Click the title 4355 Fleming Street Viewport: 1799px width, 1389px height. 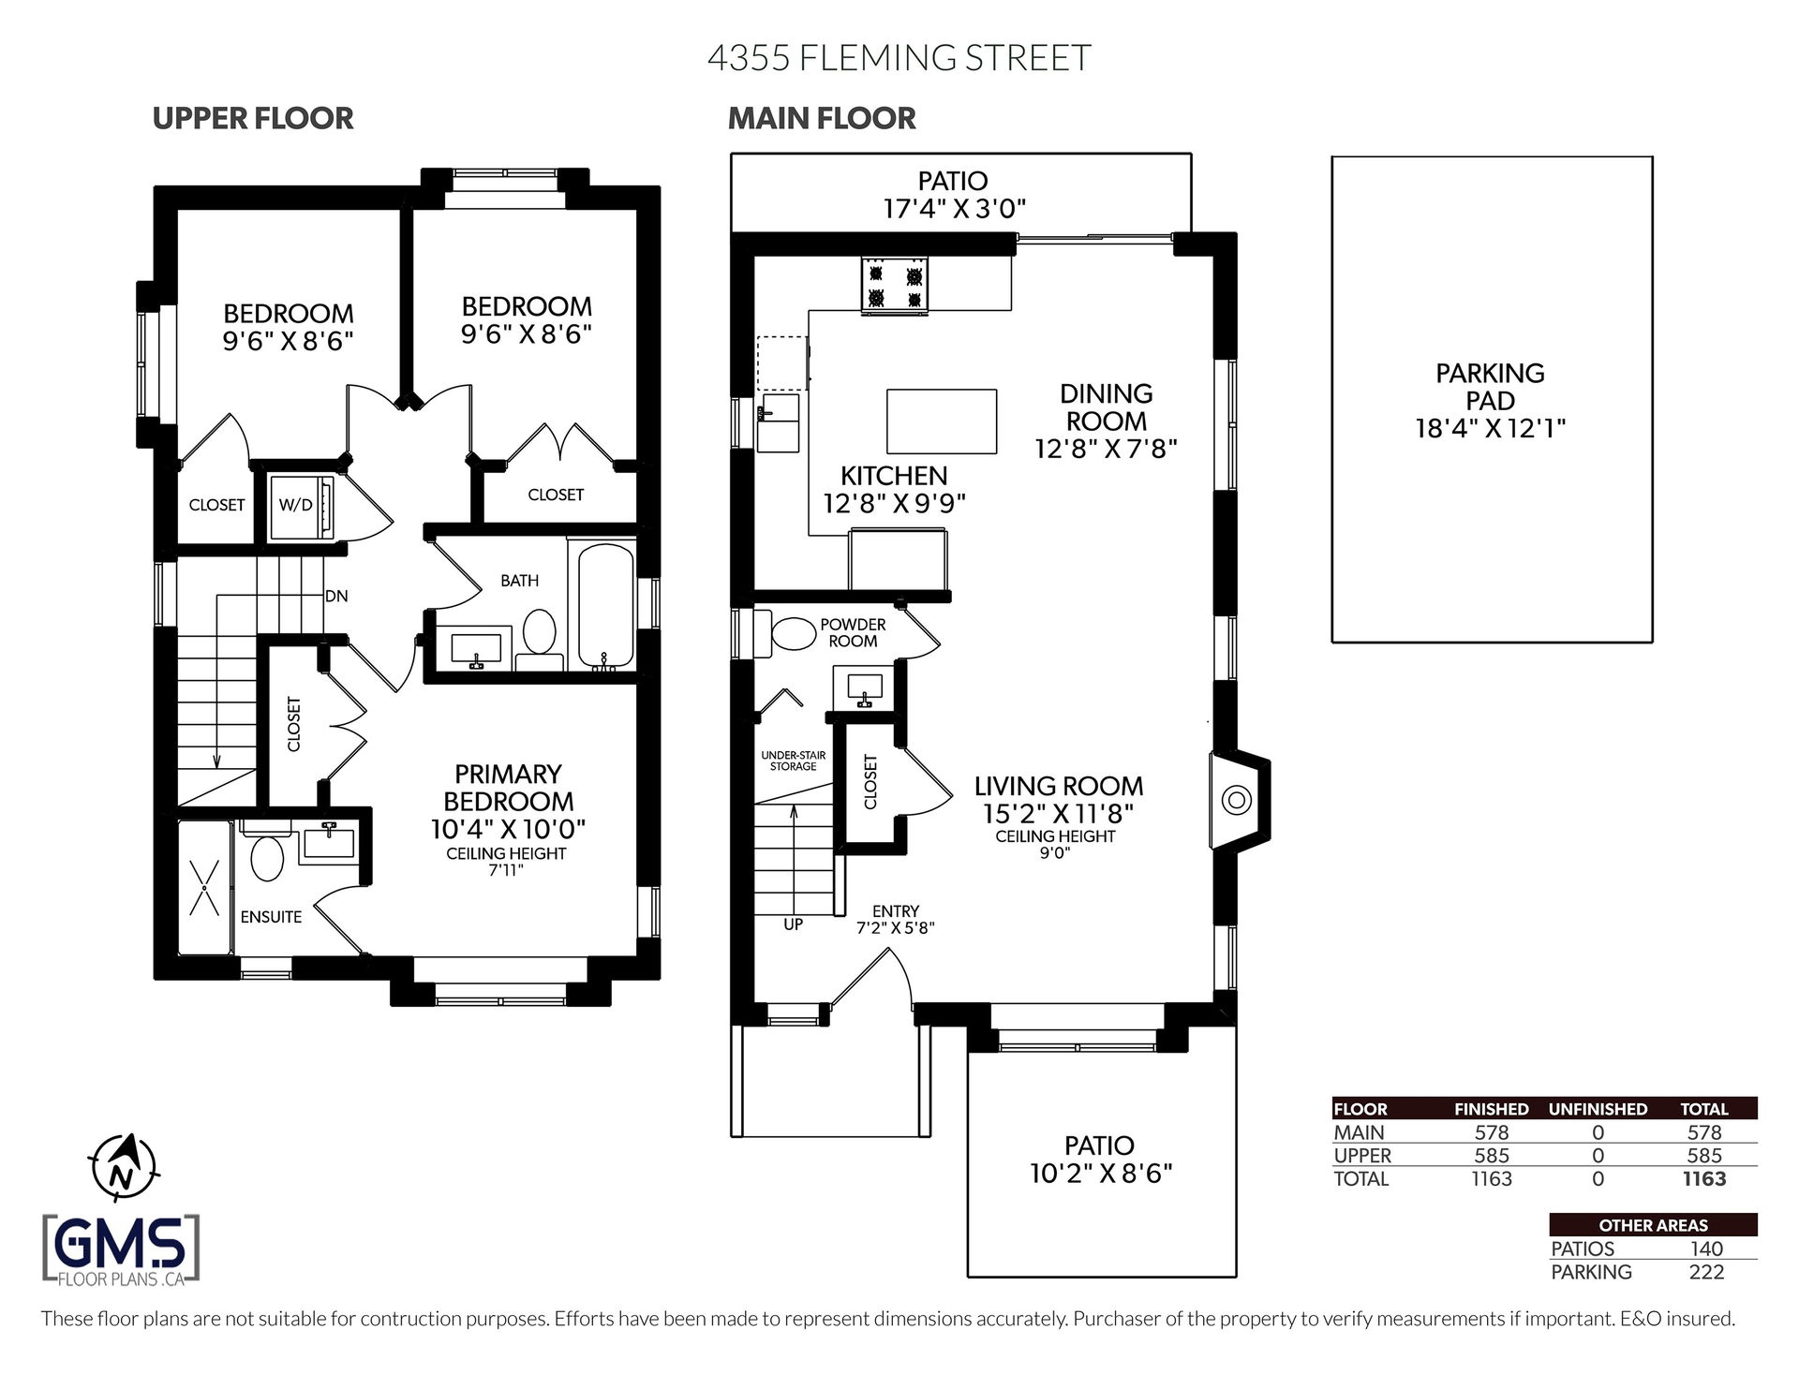tap(899, 57)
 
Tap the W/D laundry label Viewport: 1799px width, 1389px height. tap(296, 505)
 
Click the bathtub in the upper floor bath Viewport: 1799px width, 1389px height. tap(605, 605)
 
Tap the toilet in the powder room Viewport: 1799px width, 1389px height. tap(793, 634)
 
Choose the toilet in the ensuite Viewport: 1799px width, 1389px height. tap(267, 858)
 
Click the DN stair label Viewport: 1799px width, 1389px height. tap(336, 596)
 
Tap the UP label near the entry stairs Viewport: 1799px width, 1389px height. tap(793, 924)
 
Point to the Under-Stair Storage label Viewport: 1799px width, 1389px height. tap(794, 761)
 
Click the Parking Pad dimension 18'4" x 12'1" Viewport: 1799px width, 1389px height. tap(1490, 429)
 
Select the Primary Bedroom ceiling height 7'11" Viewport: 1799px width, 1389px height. tap(506, 870)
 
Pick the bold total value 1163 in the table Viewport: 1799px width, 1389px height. tap(1703, 1179)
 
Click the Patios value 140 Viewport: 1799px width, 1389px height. tap(1705, 1249)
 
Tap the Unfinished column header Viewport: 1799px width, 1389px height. tap(1598, 1109)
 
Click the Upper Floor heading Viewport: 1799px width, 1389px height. tap(253, 119)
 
